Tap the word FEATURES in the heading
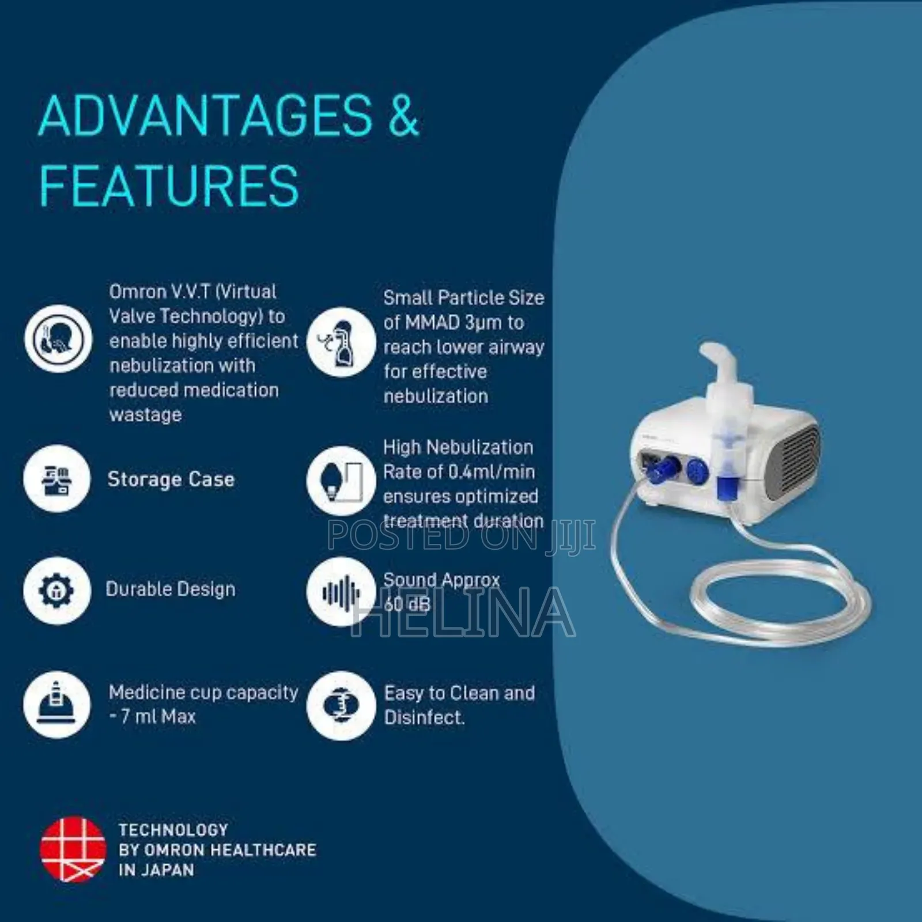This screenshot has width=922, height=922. pos(169,186)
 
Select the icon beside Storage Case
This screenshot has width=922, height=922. pos(57,478)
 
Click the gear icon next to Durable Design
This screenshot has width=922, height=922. pos(57,590)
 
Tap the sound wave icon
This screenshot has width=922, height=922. pos(341,592)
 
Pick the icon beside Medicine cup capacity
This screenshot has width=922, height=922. pos(57,704)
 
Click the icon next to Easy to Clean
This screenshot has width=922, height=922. pos(341,705)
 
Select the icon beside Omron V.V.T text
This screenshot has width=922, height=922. pos(58,339)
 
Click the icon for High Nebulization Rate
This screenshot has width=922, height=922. pos(341,481)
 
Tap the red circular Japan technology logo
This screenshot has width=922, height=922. pos(73,850)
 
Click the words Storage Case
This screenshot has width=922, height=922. pos(171,479)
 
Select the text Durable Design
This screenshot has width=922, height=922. pos(171,589)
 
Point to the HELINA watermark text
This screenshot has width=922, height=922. pos(464,612)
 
